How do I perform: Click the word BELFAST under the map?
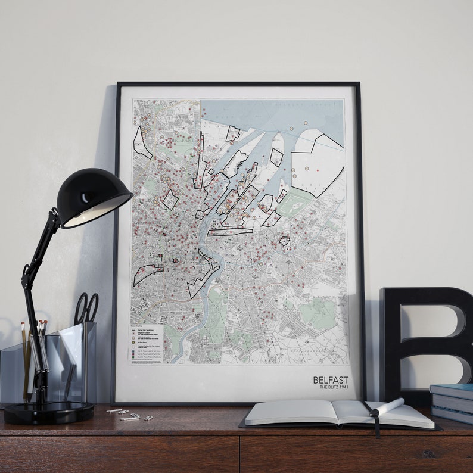331,379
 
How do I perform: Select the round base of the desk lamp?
48,412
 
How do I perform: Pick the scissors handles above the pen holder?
86,308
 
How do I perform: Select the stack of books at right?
451,402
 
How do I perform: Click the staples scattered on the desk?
128,413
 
